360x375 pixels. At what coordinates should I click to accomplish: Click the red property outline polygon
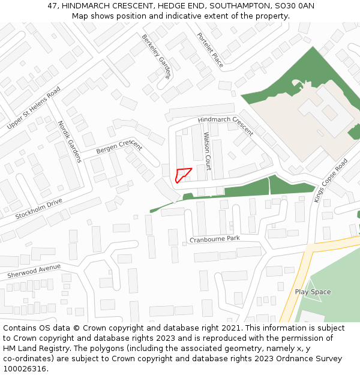[x=182, y=175]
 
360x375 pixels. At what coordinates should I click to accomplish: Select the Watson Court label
[x=207, y=151]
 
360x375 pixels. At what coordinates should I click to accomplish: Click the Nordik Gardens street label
[x=69, y=142]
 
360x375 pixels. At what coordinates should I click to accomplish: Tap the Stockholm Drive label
[x=38, y=208]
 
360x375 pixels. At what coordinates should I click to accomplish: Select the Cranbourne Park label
[x=214, y=239]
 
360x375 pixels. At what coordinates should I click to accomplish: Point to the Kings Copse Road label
[x=331, y=181]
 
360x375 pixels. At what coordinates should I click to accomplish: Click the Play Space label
[x=313, y=292]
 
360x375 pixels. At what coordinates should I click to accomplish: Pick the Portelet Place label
[x=209, y=50]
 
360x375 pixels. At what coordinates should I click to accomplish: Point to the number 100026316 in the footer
[x=25, y=369]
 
